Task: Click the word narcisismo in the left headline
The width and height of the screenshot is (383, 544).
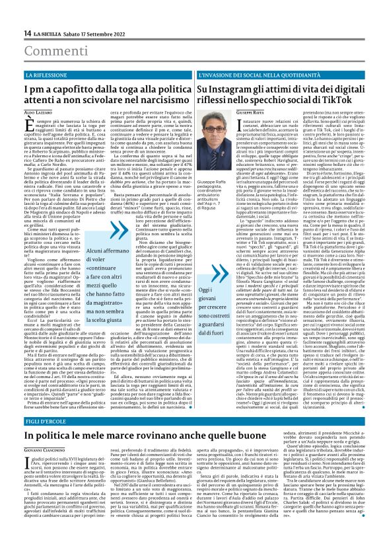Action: click(x=150, y=102)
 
